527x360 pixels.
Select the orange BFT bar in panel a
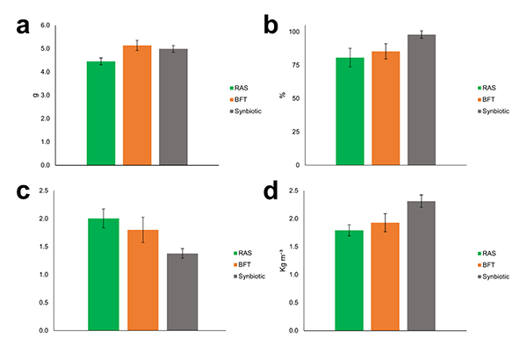pos(137,104)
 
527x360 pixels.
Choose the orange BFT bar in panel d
pos(386,277)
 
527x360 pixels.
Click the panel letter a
pos(25,26)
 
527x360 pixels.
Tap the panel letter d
pos(280,192)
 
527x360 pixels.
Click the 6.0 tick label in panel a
pos(45,25)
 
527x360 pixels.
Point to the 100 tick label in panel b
pos(294,32)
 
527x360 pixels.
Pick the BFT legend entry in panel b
pos(487,100)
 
